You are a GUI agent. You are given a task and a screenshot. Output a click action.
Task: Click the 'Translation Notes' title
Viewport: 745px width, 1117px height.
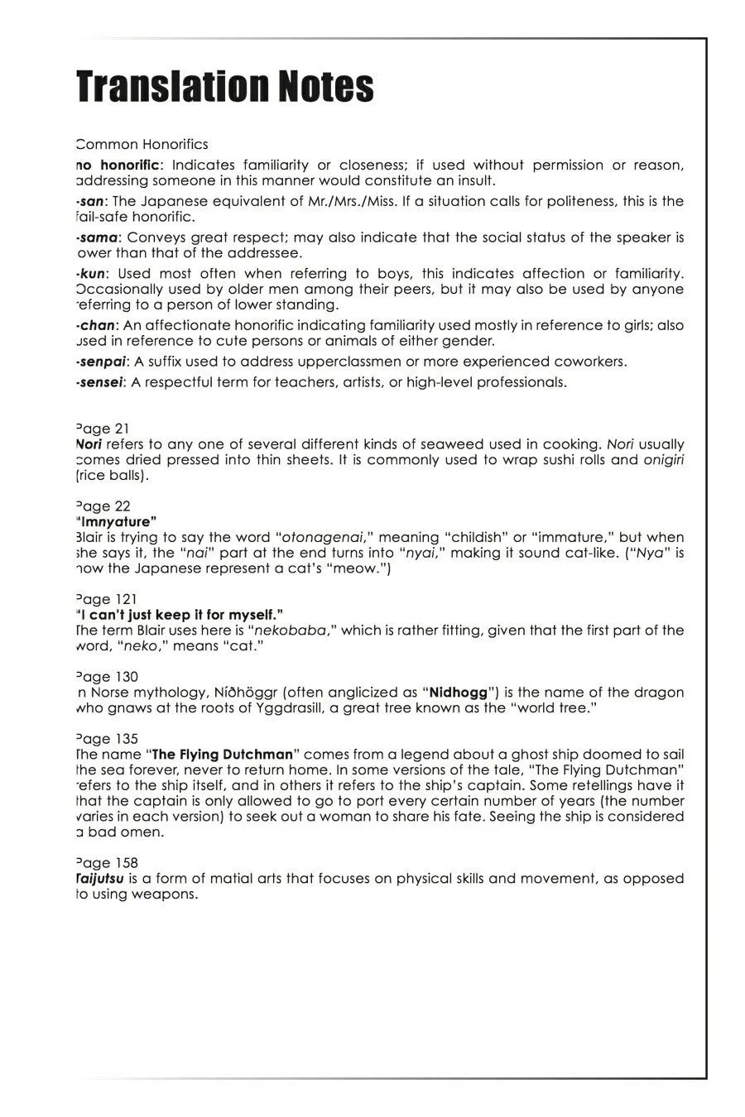pyautogui.click(x=225, y=87)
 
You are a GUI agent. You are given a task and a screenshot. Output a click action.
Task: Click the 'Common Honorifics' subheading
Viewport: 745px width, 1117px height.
pyautogui.click(x=142, y=145)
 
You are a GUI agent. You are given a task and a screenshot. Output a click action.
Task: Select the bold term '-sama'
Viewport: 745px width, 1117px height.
pyautogui.click(x=97, y=238)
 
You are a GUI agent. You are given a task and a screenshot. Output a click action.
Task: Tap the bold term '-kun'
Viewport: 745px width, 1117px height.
pyautogui.click(x=91, y=274)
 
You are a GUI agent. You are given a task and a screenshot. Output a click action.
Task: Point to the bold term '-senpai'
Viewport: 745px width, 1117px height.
pyautogui.click(x=102, y=362)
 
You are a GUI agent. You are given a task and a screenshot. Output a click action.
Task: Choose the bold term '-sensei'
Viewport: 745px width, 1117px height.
pyautogui.click(x=100, y=382)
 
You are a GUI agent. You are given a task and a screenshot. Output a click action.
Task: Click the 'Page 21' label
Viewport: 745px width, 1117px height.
pyautogui.click(x=103, y=429)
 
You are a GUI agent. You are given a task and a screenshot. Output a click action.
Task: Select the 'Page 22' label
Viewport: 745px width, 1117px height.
pyautogui.click(x=103, y=506)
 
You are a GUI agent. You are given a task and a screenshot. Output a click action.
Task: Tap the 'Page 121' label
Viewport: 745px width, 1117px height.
pyautogui.click(x=106, y=599)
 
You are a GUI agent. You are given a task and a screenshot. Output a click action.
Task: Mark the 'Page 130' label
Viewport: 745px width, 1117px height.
pyautogui.click(x=107, y=677)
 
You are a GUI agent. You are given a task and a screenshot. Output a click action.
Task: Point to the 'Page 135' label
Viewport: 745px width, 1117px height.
pyautogui.click(x=107, y=739)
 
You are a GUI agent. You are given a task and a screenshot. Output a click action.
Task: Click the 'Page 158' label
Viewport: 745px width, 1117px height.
pyautogui.click(x=107, y=863)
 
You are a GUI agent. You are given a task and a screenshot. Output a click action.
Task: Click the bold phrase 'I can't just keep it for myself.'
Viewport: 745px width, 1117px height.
pyautogui.click(x=180, y=615)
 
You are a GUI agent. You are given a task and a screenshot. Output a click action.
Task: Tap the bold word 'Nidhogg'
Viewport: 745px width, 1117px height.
pyautogui.click(x=459, y=693)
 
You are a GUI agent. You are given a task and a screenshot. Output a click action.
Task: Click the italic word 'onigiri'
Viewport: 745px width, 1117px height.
pyautogui.click(x=664, y=460)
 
